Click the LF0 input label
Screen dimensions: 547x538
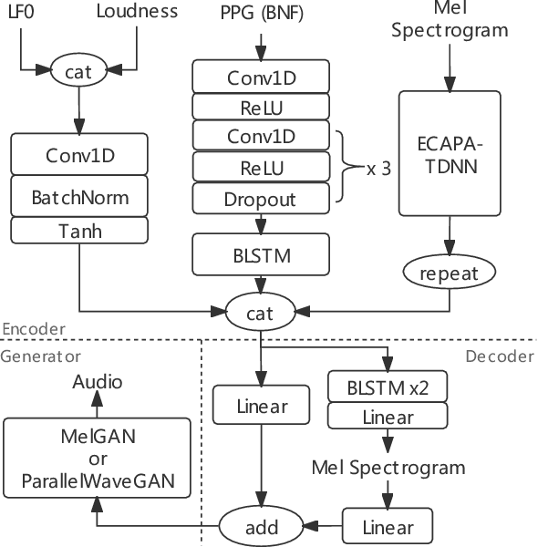click(19, 14)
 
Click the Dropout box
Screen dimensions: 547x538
click(262, 199)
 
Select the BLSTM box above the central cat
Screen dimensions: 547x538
click(262, 255)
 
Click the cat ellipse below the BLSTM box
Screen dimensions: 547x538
click(262, 313)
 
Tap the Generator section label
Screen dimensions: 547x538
click(41, 356)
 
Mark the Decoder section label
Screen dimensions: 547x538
click(499, 356)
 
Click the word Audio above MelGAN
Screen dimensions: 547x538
click(98, 382)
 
